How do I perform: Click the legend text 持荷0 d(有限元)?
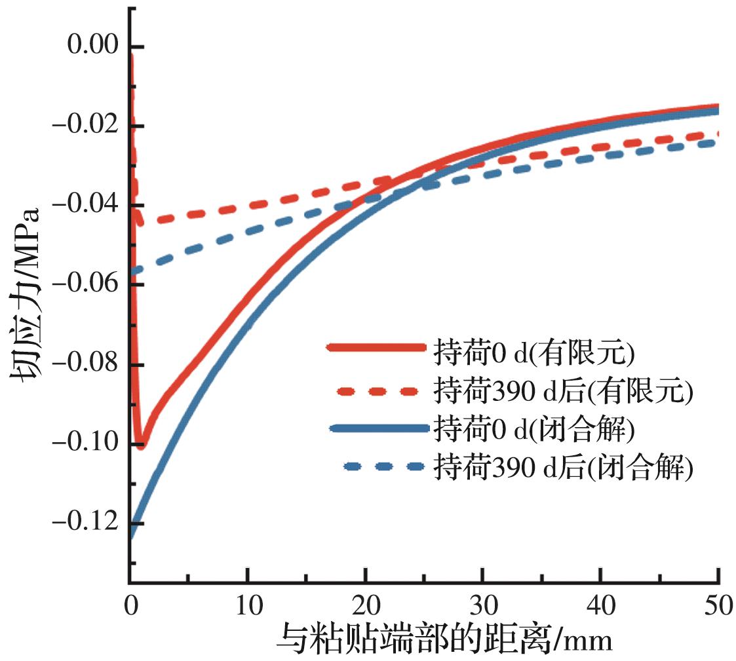coord(533,353)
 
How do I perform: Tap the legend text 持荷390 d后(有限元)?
coord(562,391)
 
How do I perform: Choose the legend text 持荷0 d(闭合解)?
coord(533,430)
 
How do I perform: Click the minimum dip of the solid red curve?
coord(140,445)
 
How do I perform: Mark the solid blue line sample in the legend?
coord(378,429)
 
